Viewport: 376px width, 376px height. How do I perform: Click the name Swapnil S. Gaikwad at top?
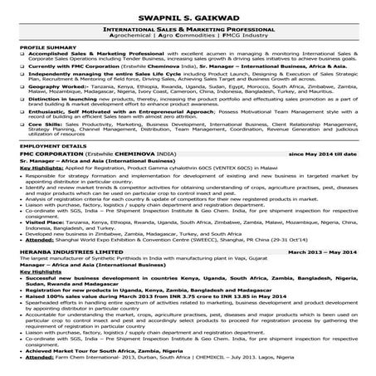coord(188,14)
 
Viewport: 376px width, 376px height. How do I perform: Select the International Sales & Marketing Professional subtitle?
coord(188,30)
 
